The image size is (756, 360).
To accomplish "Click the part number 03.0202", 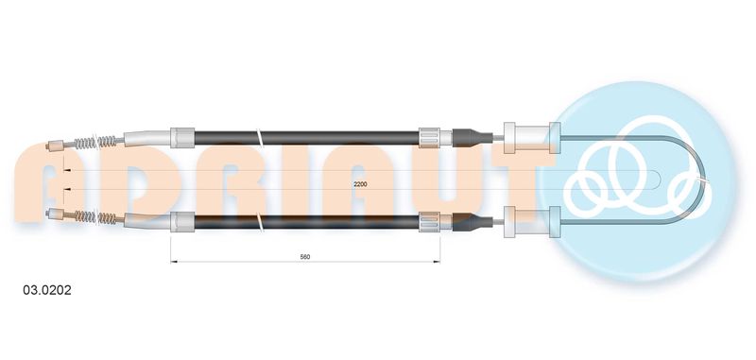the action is pos(47,290).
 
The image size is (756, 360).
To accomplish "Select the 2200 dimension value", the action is pos(360,184).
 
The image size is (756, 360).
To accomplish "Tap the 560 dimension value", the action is pos(304,257).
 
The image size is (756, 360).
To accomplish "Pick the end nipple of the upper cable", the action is pos(55,145).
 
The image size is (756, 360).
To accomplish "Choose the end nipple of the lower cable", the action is pos(55,214).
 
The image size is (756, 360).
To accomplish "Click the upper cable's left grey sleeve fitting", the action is pos(182,138).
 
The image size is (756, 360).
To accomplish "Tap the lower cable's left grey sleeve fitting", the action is pos(182,222).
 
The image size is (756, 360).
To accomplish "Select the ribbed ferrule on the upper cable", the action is pos(429,138).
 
